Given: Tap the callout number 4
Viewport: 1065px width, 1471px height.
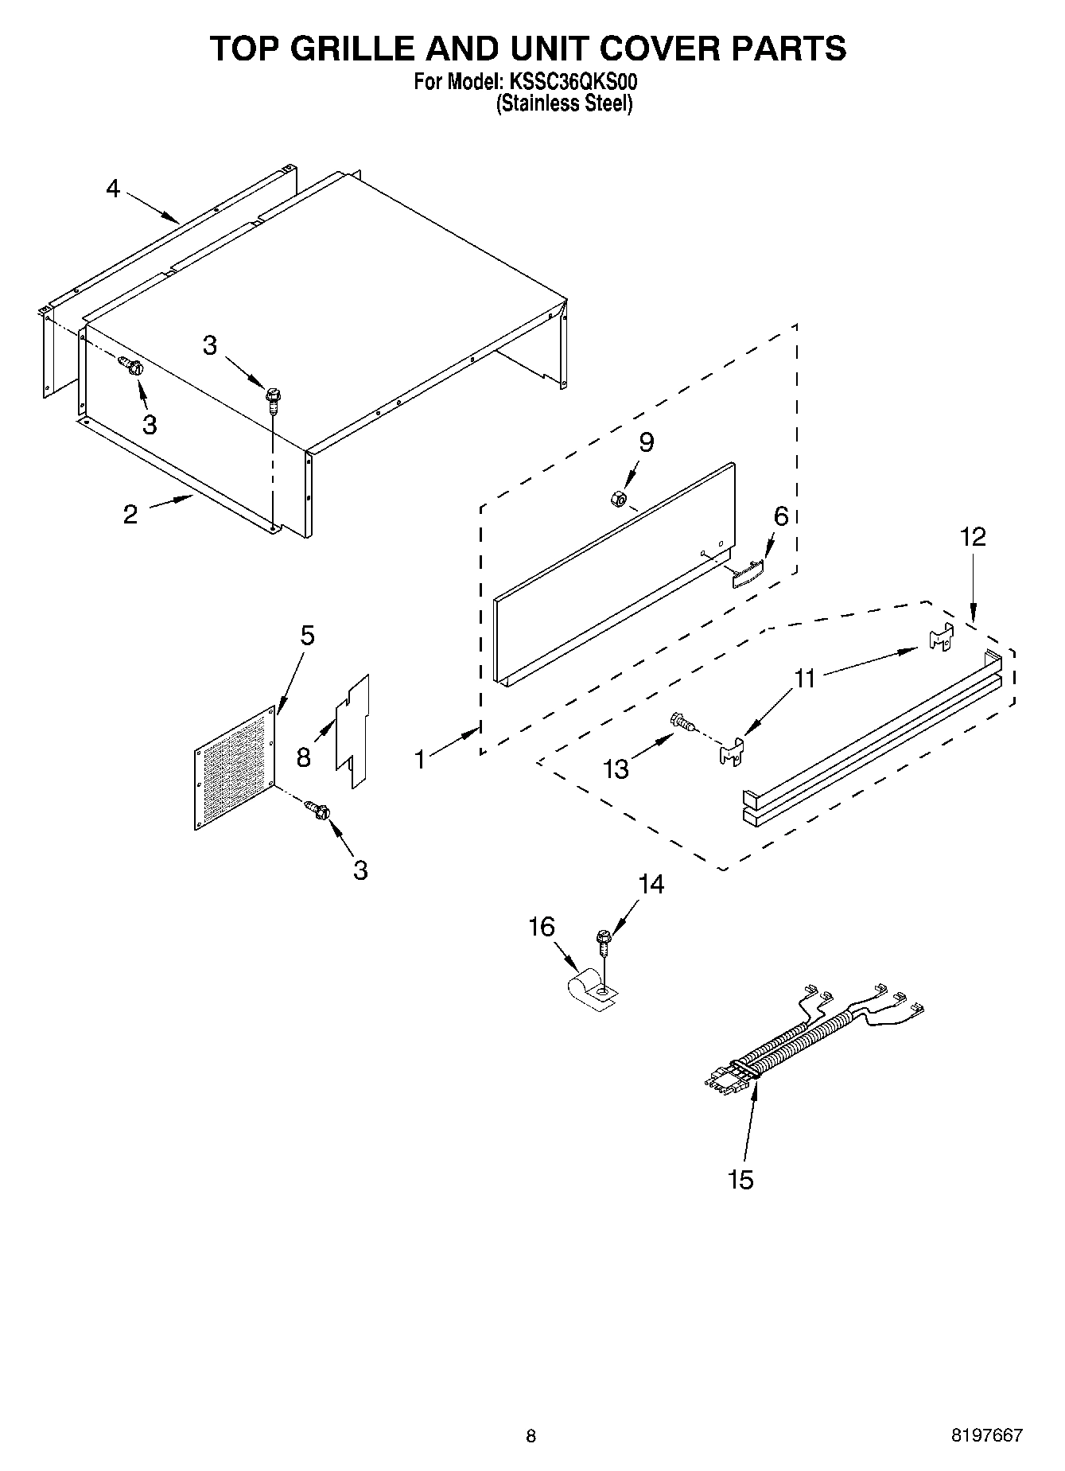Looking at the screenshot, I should (113, 189).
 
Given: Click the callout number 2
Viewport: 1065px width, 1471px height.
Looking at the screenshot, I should (130, 514).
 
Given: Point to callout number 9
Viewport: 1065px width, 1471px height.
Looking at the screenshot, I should (646, 442).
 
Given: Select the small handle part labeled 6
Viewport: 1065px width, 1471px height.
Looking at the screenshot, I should (747, 573).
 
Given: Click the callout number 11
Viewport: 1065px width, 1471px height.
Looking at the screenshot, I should (805, 678).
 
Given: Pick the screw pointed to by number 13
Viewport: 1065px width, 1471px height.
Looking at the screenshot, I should (682, 722).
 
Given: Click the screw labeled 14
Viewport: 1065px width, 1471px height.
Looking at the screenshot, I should (604, 940).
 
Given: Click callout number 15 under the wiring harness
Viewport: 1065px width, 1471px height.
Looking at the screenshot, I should (740, 1180).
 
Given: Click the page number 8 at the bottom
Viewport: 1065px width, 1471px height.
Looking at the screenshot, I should (531, 1436).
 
